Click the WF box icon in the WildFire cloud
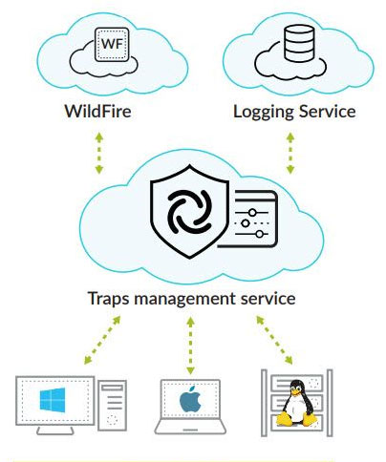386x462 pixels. pos(112,44)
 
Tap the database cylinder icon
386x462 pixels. pos(299,43)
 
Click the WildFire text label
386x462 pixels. pos(97,112)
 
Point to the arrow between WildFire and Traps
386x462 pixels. pos(99,153)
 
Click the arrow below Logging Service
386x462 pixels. pos(289,153)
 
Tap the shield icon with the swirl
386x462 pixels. pos(189,211)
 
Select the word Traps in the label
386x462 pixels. pos(108,299)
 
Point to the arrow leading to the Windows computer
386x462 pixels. pos(102,340)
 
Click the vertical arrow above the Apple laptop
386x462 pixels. pos(190,346)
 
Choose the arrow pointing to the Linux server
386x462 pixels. pos(274,340)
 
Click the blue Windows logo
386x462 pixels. pos(53,400)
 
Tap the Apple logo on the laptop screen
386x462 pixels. pos(190,399)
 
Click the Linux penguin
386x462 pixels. pos(297,403)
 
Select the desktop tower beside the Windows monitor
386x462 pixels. pos(112,406)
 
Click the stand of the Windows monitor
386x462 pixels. pos(55,430)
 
